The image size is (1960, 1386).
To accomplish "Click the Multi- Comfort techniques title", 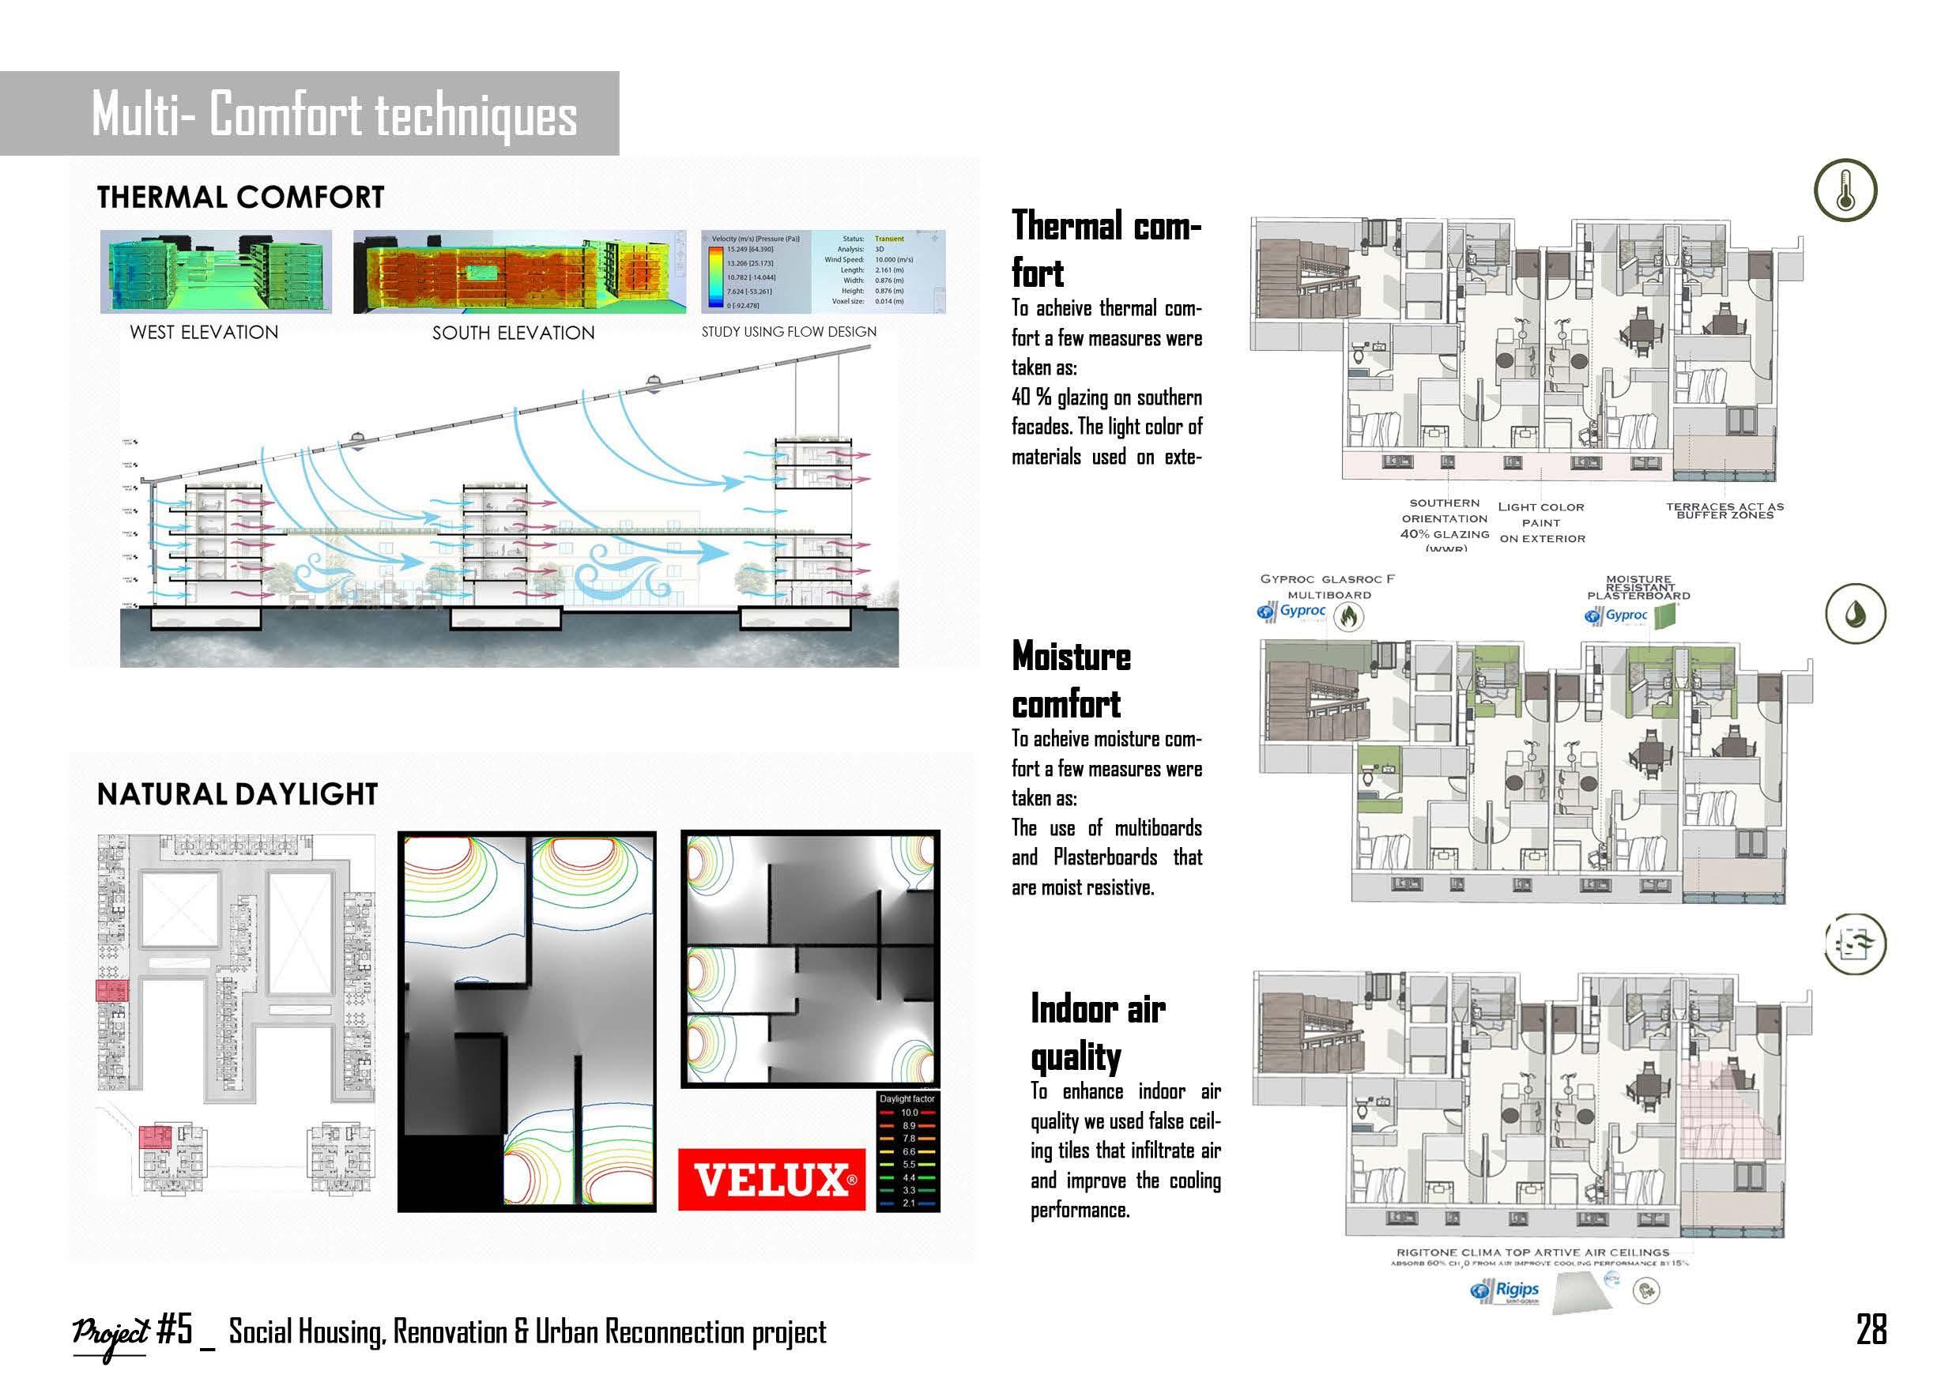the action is [334, 115].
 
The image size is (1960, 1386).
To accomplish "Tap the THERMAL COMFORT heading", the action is [241, 198].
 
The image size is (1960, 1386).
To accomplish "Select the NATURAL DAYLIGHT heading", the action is [237, 795].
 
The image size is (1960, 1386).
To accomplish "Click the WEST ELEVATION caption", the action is [204, 333].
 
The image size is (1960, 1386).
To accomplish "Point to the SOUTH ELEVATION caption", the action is [513, 333].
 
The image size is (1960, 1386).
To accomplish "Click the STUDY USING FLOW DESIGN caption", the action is [789, 332].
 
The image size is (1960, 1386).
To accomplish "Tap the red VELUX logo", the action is [771, 1180].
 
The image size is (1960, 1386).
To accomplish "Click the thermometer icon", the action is [1845, 190].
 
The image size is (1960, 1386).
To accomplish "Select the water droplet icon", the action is [1855, 615].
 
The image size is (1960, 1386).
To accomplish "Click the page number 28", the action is [1871, 1330].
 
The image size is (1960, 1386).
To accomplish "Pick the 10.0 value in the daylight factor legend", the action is [908, 1113].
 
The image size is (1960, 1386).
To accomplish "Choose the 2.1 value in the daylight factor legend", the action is [908, 1203].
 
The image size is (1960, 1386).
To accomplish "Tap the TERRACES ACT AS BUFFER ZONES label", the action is [1724, 510].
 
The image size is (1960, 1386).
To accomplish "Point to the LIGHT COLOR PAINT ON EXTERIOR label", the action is [1542, 522].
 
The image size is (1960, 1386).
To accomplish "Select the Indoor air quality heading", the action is [1097, 1033].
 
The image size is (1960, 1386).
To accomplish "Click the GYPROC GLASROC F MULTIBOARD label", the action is [1329, 586].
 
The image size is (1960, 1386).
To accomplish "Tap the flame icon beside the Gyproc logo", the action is [1348, 615].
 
